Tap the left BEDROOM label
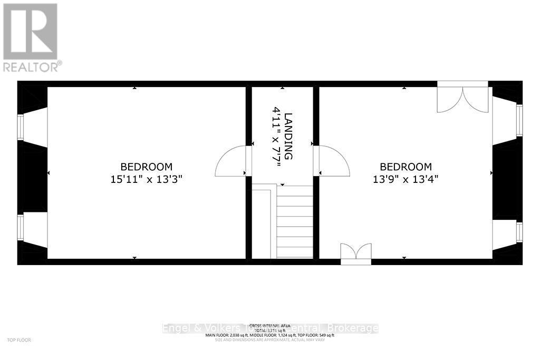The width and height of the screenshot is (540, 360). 146,167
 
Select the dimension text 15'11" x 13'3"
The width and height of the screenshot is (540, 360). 146,179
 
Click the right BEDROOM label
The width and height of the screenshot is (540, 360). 406,167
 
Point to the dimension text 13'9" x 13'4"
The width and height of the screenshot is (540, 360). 406,179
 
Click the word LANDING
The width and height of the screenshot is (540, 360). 288,137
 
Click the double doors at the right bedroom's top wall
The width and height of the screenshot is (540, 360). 463,97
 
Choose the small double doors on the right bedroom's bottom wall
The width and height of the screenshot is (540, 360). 356,252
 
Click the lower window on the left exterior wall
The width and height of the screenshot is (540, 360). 21,227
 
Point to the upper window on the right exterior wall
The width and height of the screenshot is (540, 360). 519,121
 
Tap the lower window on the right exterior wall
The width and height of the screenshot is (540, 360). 519,232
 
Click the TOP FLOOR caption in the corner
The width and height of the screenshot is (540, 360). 16,340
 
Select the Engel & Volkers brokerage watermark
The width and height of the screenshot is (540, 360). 270,328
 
